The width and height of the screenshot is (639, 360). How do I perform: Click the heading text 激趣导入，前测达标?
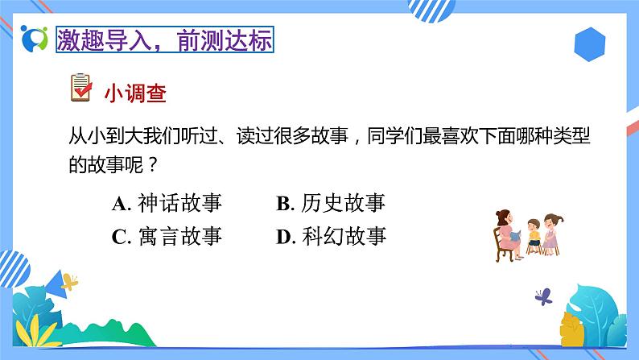[x=164, y=39]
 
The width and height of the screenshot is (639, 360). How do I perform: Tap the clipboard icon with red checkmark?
[x=81, y=89]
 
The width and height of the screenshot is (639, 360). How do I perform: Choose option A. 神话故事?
[x=167, y=203]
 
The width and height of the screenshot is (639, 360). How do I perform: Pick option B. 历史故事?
[x=331, y=203]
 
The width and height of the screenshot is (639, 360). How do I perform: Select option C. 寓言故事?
[x=167, y=236]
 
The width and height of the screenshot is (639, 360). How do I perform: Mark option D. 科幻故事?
[x=331, y=236]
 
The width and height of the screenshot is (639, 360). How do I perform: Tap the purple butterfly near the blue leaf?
[x=543, y=296]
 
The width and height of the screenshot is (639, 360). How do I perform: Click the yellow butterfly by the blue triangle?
[x=70, y=281]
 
